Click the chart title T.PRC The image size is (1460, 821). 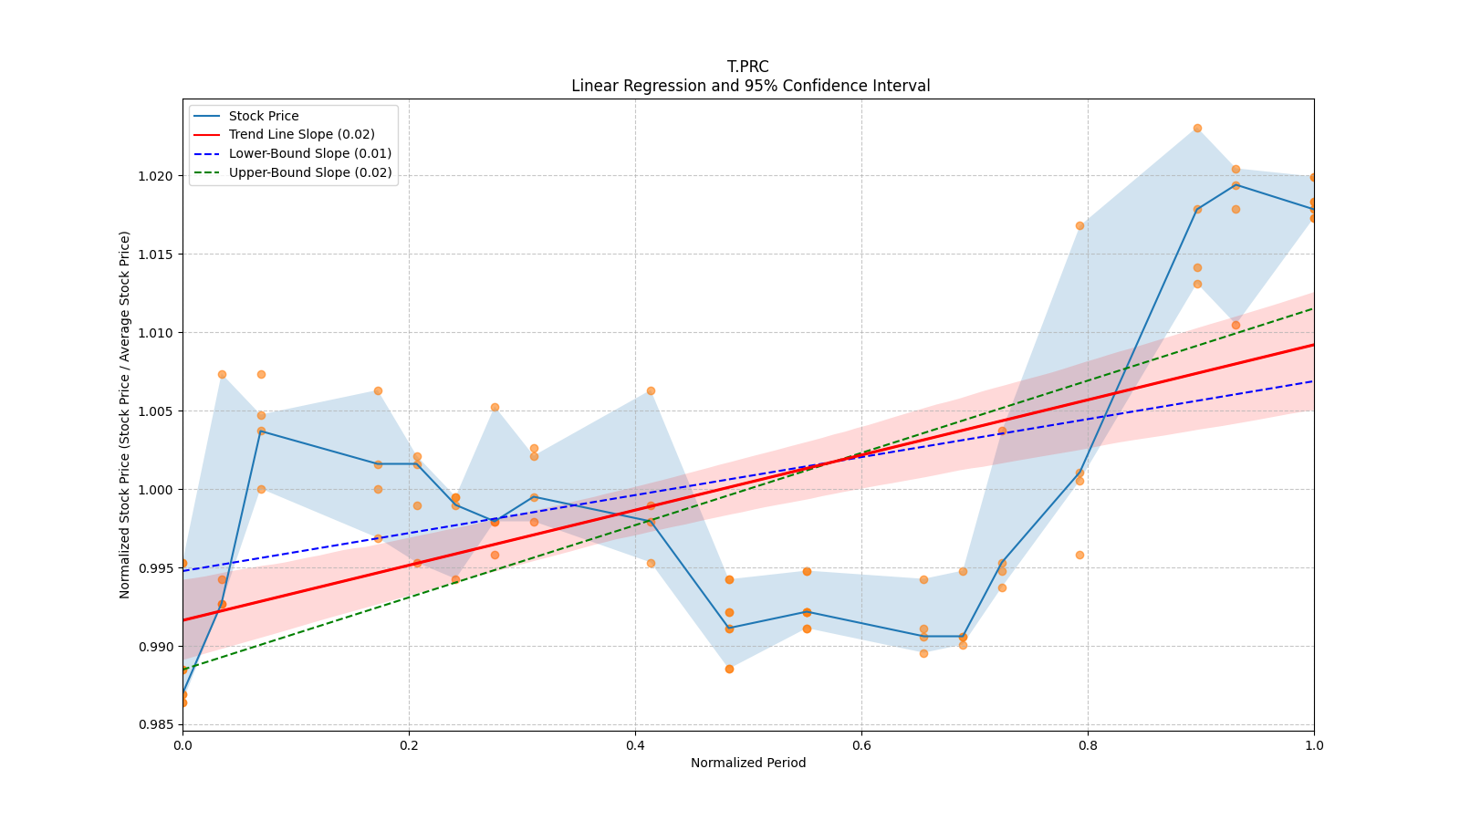pyautogui.click(x=747, y=67)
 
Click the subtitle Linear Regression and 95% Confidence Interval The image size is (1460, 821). pyautogui.click(x=750, y=86)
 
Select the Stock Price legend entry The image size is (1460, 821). pyautogui.click(x=264, y=116)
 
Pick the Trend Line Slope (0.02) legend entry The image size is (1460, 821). pyautogui.click(x=301, y=134)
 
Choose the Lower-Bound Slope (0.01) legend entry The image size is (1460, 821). pyautogui.click(x=309, y=153)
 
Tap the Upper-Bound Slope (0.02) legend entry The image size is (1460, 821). pyautogui.click(x=310, y=172)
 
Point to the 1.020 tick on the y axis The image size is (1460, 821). pyautogui.click(x=157, y=175)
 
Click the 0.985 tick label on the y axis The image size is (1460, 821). pyautogui.click(x=157, y=725)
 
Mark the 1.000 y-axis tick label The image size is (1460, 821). pyautogui.click(x=157, y=490)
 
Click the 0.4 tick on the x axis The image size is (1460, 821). pyautogui.click(x=635, y=745)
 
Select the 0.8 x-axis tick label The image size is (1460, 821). pyautogui.click(x=1088, y=745)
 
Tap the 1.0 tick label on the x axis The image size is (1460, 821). pyautogui.click(x=1314, y=745)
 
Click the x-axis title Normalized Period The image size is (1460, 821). pyautogui.click(x=748, y=763)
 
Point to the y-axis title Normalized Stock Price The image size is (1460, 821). pyautogui.click(x=125, y=414)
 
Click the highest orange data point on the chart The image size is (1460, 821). pyautogui.click(x=1197, y=128)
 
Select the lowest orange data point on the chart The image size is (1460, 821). pyautogui.click(x=182, y=702)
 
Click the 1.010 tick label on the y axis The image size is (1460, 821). pyautogui.click(x=157, y=333)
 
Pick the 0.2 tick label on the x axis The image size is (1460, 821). pyautogui.click(x=409, y=745)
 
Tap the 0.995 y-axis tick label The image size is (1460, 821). pyautogui.click(x=157, y=568)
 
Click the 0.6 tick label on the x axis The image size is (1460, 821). pyautogui.click(x=861, y=745)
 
